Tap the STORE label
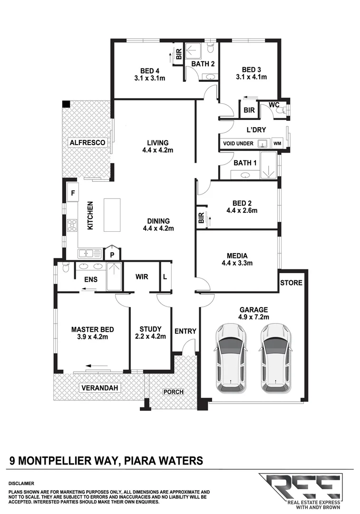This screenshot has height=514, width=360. tap(291, 283)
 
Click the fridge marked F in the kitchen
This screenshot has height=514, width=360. tap(73, 193)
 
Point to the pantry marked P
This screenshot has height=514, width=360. tap(112, 255)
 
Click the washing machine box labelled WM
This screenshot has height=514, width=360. tap(277, 143)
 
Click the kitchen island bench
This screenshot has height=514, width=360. tap(113, 215)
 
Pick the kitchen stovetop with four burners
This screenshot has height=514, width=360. tap(72, 225)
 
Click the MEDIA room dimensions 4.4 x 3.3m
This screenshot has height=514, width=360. tap(237, 263)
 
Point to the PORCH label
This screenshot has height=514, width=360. tap(173, 392)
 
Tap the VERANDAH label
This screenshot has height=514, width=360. tap(99, 388)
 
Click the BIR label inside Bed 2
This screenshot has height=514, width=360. tap(201, 218)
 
